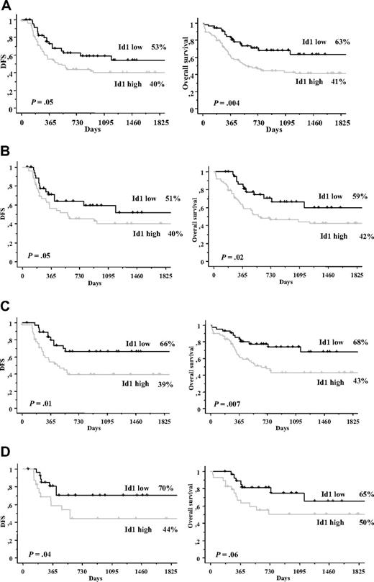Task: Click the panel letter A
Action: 6,6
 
